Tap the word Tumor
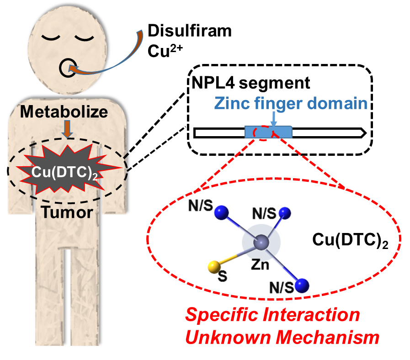pyautogui.click(x=67, y=212)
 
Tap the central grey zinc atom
pyautogui.click(x=261, y=242)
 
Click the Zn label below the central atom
pyautogui.click(x=262, y=264)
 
